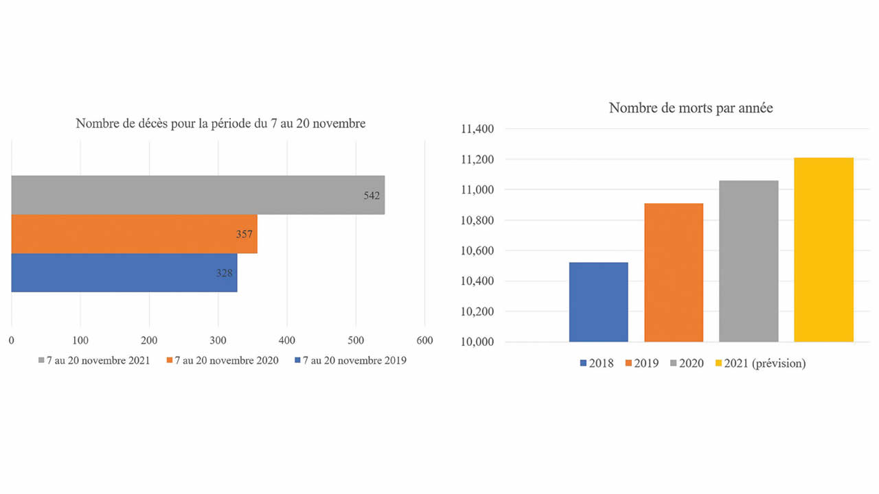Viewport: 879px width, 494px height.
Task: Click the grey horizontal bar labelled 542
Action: (198, 195)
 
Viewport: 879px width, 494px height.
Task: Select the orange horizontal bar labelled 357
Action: (135, 234)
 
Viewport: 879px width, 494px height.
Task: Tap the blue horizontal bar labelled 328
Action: (124, 272)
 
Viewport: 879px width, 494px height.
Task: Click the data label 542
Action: (372, 196)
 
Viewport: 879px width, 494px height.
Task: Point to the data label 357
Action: (244, 234)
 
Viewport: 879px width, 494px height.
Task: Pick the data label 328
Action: (225, 272)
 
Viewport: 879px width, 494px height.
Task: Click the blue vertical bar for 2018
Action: (598, 302)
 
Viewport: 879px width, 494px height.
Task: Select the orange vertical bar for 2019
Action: (674, 272)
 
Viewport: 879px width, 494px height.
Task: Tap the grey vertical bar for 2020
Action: (749, 261)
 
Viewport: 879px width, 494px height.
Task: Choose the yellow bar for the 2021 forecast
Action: (823, 250)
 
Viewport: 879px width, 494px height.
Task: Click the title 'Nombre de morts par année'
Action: (691, 108)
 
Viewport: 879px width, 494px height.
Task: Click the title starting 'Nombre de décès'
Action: (220, 124)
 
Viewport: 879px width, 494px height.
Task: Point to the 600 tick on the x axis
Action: (424, 340)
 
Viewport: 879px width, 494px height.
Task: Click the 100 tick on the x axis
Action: (80, 340)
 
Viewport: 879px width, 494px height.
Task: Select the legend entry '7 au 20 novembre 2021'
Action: (94, 360)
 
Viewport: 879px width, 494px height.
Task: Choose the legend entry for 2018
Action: (597, 364)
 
